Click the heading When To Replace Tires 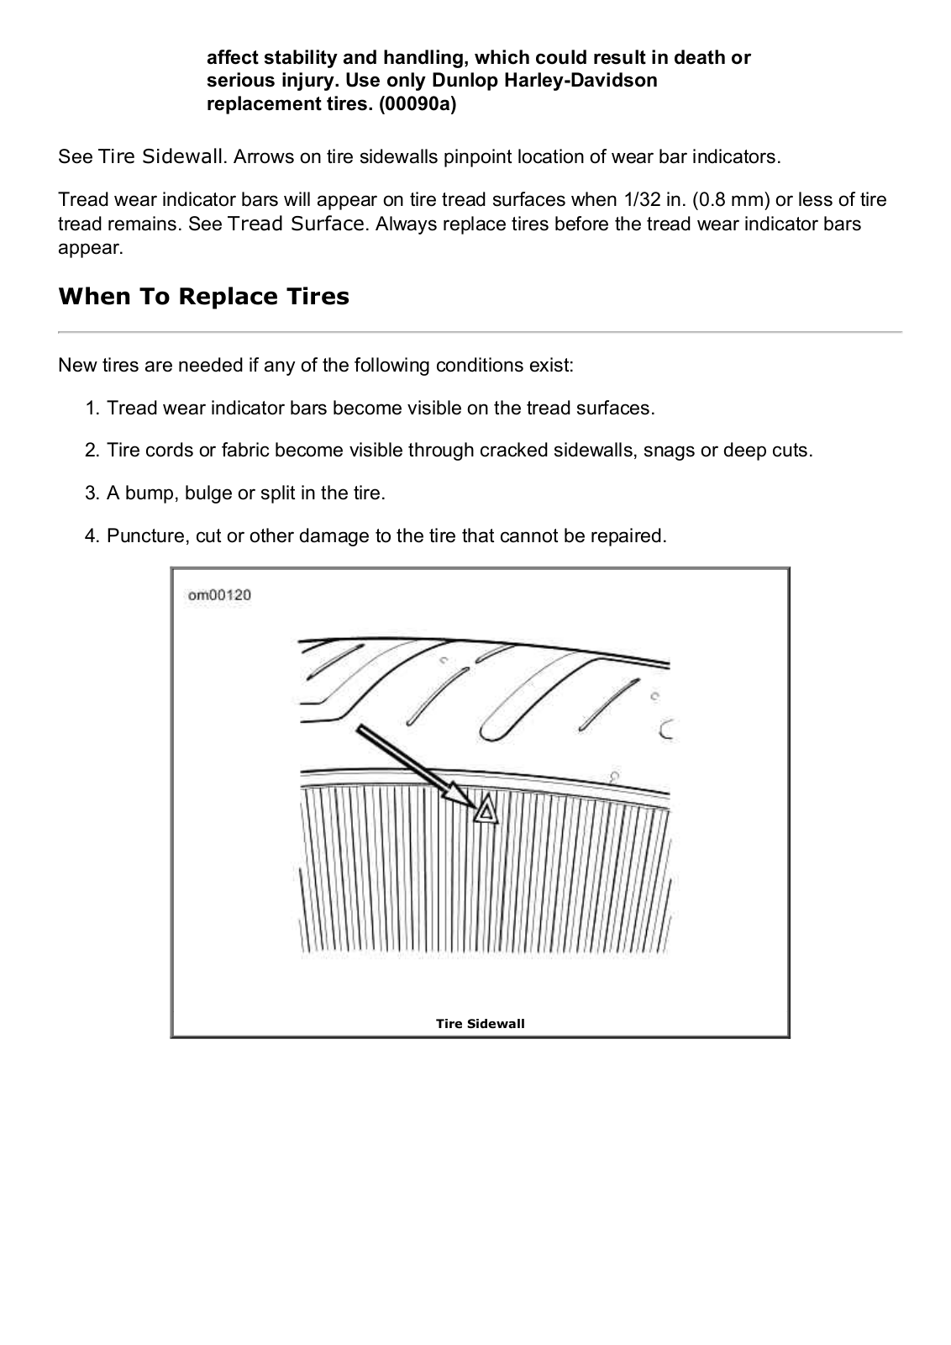click(203, 297)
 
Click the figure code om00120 click(219, 595)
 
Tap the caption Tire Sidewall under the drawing click(480, 1023)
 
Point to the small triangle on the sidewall click(486, 811)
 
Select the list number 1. click(92, 409)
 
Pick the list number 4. click(92, 536)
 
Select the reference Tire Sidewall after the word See click(160, 157)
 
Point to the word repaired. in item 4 click(631, 536)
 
